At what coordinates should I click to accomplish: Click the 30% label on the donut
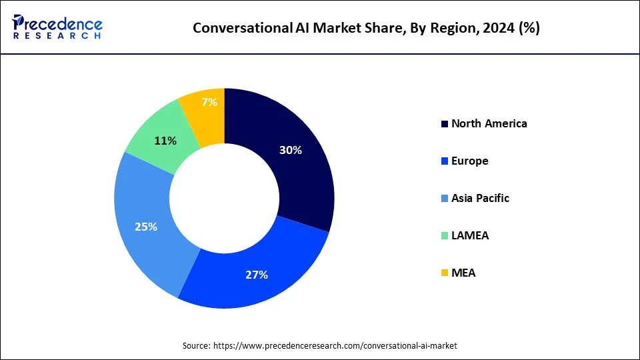tap(290, 151)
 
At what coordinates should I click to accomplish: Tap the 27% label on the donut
tap(256, 275)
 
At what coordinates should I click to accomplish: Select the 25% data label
tap(145, 227)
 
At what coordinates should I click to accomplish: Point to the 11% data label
tap(165, 141)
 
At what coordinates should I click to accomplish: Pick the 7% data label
tap(209, 102)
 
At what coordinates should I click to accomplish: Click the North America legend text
tap(489, 123)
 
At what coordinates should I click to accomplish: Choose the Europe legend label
tap(469, 161)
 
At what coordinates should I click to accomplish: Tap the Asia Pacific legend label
tap(480, 198)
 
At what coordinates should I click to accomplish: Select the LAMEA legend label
tap(470, 235)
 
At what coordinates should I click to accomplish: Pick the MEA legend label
tap(463, 273)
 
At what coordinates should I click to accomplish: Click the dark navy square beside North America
tap(445, 124)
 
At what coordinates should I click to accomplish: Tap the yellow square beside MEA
tap(445, 273)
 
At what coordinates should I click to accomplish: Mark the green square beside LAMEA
tap(445, 236)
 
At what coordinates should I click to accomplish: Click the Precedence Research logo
tap(57, 27)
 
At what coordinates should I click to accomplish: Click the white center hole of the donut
tap(224, 198)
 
